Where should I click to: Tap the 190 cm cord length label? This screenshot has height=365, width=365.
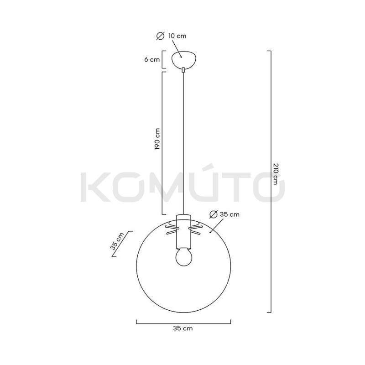pos(157,139)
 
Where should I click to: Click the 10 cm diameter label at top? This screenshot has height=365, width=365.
pos(177,36)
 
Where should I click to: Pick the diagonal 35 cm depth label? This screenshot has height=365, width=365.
pos(117,242)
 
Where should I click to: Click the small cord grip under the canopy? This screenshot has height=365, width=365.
pos(183,70)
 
